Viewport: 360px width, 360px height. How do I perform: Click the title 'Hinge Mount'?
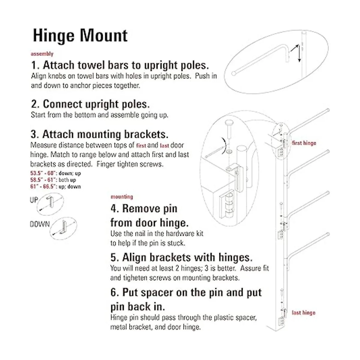80,35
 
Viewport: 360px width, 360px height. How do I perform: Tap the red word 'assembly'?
42,54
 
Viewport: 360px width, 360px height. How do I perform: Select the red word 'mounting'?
122,197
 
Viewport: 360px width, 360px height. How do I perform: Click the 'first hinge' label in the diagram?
304,143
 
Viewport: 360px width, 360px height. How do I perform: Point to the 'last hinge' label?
304,313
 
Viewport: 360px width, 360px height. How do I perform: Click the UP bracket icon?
50,204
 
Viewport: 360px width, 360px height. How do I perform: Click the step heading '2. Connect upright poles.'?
90,104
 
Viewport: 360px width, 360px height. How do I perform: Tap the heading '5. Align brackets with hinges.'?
181,257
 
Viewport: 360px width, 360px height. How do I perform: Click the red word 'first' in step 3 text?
141,145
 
